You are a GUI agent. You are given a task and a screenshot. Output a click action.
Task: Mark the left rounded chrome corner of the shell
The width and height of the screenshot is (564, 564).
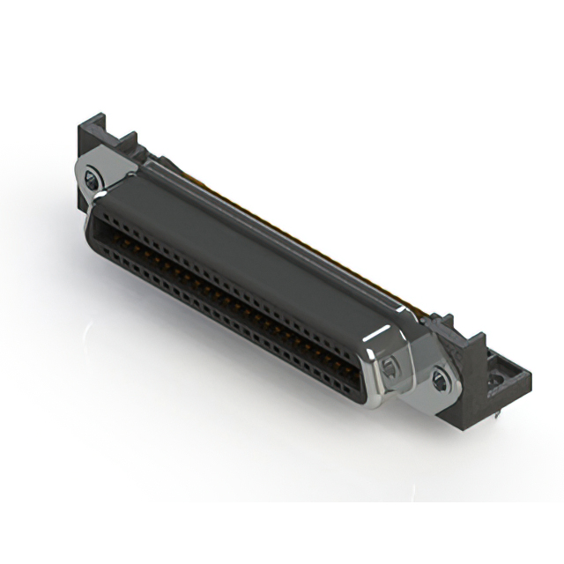[x=93, y=220]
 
